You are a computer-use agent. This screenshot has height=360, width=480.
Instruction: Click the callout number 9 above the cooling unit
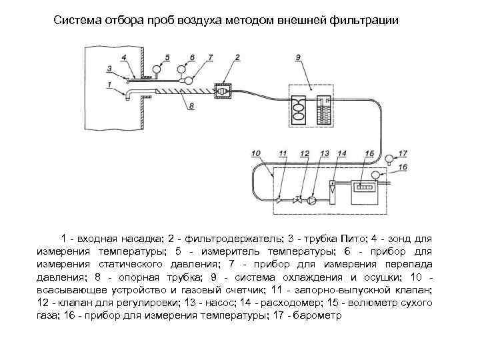click(298, 58)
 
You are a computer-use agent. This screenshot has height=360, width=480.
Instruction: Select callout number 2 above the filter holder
click(237, 58)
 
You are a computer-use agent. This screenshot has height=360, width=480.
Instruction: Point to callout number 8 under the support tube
click(191, 106)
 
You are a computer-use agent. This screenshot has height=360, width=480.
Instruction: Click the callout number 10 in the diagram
click(256, 155)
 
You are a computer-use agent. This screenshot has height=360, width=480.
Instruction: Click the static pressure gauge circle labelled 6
click(181, 69)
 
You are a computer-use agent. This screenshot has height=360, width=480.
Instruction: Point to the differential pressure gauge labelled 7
click(189, 81)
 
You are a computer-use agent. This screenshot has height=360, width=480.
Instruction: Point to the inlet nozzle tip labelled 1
click(127, 97)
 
